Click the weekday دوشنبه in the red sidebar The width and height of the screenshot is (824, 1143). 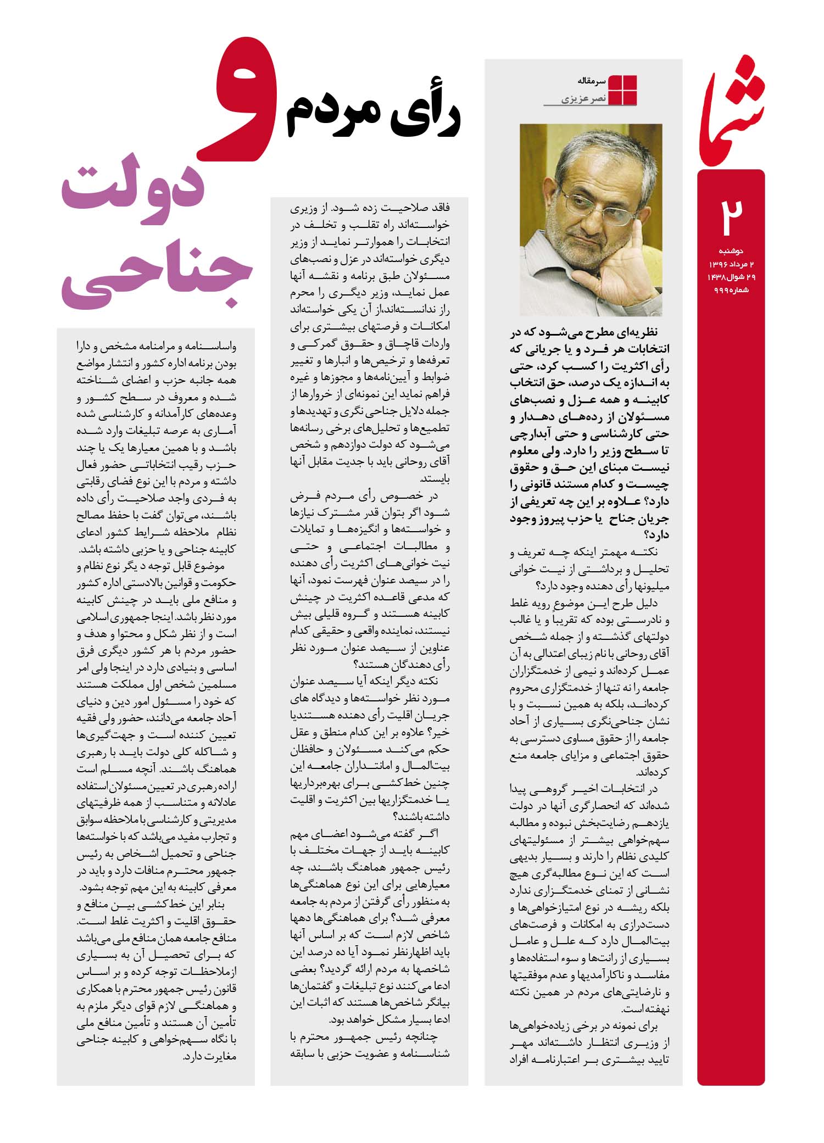coord(731,251)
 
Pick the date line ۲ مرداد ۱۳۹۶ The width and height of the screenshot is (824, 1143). coord(730,265)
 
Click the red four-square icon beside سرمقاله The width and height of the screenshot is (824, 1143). coord(623,89)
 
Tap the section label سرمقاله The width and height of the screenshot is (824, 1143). coord(591,81)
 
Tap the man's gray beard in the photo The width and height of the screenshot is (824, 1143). coord(593,258)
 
